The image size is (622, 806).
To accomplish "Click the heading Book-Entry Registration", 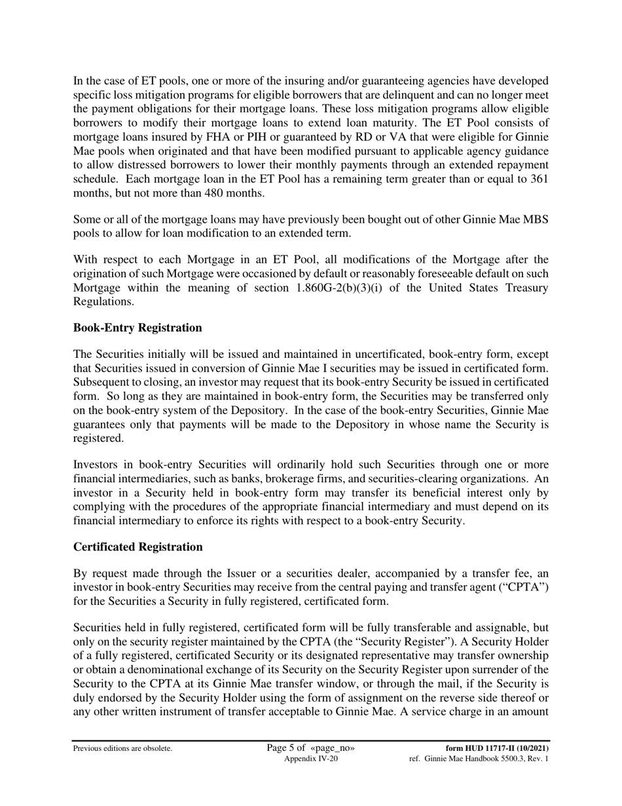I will (137, 328).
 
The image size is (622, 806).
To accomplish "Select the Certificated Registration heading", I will (137, 547).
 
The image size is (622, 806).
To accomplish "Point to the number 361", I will (538, 179).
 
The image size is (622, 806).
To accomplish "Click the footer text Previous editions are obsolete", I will (123, 748).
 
